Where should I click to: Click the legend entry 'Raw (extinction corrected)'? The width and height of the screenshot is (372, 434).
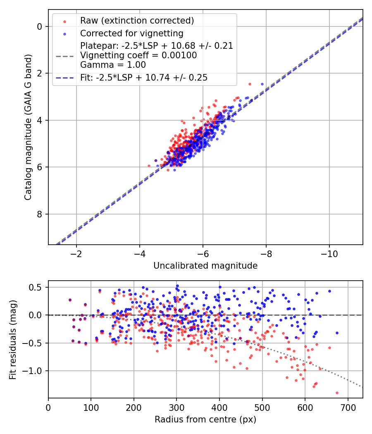pyautogui.click(x=137, y=21)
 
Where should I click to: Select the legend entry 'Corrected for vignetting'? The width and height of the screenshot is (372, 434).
pyautogui.click(x=131, y=33)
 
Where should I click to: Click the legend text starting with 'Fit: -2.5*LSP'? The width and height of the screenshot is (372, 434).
pyautogui.click(x=143, y=77)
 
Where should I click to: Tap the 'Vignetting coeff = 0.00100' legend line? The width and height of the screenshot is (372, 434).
pyautogui.click(x=138, y=55)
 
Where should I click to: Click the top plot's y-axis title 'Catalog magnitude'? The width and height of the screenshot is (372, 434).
pyautogui.click(x=28, y=127)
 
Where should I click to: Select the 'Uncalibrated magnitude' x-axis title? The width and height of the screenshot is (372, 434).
pyautogui.click(x=205, y=265)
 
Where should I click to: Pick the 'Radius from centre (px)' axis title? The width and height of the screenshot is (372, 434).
pyautogui.click(x=205, y=420)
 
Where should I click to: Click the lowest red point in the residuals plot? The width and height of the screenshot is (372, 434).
pyautogui.click(x=337, y=393)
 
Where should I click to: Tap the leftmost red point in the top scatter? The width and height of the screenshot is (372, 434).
pyautogui.click(x=149, y=166)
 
